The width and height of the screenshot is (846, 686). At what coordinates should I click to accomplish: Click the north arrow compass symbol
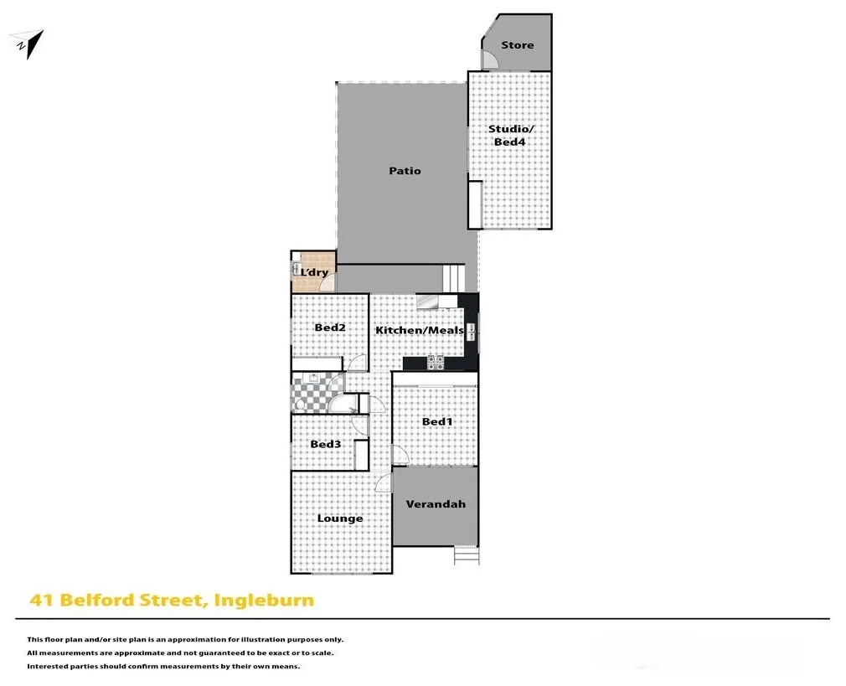pos(28,44)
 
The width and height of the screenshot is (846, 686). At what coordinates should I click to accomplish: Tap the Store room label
pos(517,45)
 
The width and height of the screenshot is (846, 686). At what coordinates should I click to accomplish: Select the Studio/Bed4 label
pos(510,136)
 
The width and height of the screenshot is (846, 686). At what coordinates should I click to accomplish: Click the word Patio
pos(405,171)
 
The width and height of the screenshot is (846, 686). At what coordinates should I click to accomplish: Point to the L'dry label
pos(315,272)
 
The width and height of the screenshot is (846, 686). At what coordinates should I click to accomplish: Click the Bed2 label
pos(330,328)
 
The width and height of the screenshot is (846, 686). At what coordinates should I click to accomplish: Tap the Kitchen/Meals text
pos(419,330)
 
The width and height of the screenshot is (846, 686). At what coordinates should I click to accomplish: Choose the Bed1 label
pos(436,421)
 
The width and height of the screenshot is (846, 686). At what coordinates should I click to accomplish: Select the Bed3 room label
pos(325,444)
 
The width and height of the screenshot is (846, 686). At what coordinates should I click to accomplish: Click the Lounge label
pos(340,518)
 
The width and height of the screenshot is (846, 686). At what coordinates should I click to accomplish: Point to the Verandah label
pos(436,504)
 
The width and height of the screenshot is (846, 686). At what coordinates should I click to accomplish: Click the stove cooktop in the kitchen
pos(436,363)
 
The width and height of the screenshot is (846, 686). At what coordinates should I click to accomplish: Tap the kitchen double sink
pos(472,330)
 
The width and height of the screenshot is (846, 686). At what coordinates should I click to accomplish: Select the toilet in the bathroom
pos(299,403)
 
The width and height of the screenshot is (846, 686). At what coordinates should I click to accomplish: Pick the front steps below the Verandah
pos(467,554)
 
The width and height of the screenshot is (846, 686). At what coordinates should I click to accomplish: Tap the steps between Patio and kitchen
pos(452,276)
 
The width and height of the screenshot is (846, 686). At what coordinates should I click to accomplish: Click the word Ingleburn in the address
pos(264,600)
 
